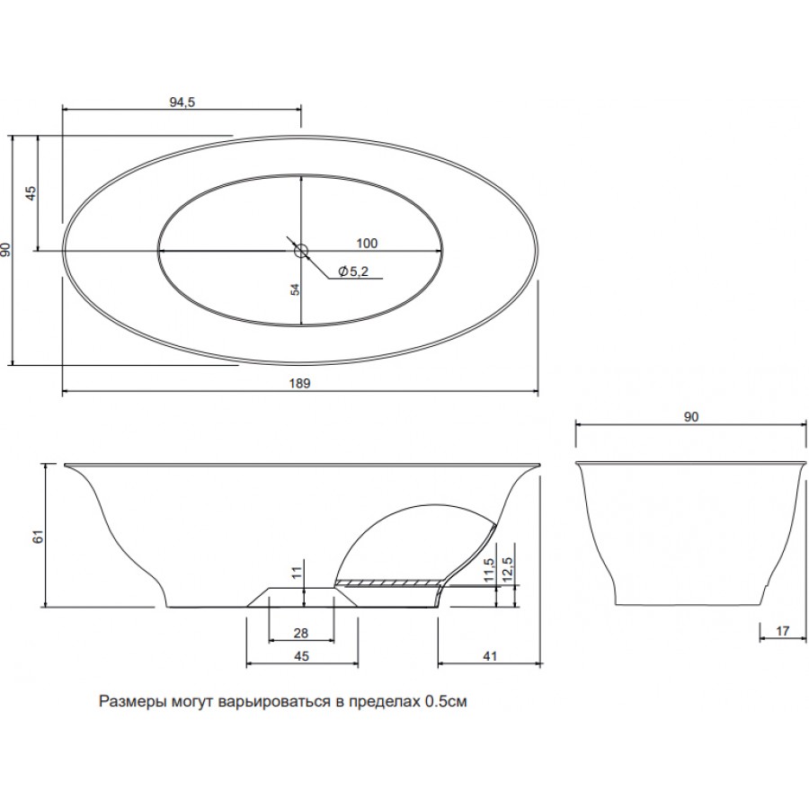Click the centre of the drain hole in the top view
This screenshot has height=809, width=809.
point(301,251)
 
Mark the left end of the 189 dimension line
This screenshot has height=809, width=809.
point(62,392)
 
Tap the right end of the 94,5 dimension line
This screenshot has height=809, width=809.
point(301,109)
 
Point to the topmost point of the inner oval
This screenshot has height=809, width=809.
point(301,174)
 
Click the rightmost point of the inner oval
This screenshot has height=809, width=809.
point(442,250)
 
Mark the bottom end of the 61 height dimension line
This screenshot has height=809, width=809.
point(46,606)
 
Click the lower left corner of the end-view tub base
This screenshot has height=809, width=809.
point(616,605)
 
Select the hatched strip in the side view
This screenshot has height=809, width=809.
point(388,583)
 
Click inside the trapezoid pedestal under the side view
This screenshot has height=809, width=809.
point(302,598)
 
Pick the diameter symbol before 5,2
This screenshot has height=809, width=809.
point(342,271)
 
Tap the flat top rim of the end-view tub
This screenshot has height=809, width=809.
point(690,462)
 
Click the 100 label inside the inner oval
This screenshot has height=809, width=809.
point(367,243)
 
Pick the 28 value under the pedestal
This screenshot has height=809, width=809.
point(301,633)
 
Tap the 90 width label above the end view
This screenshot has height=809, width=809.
point(691,417)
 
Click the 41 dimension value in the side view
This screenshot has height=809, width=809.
point(490,656)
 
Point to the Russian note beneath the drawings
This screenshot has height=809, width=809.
point(283,702)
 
